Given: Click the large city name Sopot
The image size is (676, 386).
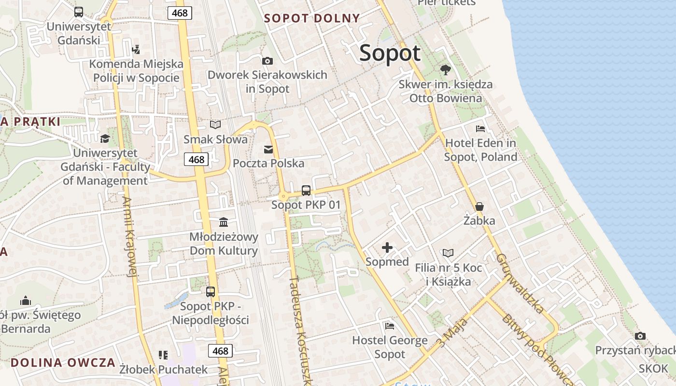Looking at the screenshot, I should pyautogui.click(x=390, y=53).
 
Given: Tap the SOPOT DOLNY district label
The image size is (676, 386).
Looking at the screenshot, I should pyautogui.click(x=312, y=18).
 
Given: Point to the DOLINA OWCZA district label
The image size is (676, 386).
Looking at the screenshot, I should pyautogui.click(x=63, y=362).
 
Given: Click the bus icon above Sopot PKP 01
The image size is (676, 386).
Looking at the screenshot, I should pyautogui.click(x=306, y=190).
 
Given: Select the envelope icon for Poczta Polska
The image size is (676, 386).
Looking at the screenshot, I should pyautogui.click(x=268, y=150).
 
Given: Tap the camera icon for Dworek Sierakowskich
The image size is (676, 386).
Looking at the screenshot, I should pyautogui.click(x=267, y=61).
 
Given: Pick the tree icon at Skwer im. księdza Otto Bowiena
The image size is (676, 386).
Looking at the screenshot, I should pyautogui.click(x=445, y=70).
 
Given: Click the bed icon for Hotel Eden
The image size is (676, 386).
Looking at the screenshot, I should pyautogui.click(x=480, y=129).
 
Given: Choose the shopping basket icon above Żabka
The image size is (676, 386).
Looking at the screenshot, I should pyautogui.click(x=479, y=207).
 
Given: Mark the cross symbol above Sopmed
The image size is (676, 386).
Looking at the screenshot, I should pyautogui.click(x=387, y=248).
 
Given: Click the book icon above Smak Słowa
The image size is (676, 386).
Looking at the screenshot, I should pyautogui.click(x=215, y=125).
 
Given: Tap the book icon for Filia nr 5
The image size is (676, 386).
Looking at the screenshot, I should pyautogui.click(x=448, y=253).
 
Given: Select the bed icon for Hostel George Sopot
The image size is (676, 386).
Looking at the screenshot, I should pyautogui.click(x=390, y=326).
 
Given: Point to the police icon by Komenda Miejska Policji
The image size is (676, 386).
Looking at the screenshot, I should pyautogui.click(x=136, y=49).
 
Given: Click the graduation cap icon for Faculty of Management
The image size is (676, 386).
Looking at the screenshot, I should pyautogui.click(x=105, y=139).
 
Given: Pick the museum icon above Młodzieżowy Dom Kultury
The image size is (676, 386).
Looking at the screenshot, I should pyautogui.click(x=224, y=222).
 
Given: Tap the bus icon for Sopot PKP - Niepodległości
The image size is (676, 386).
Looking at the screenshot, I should pyautogui.click(x=211, y=291).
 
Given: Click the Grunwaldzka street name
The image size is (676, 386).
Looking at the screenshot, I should pyautogui.click(x=520, y=283).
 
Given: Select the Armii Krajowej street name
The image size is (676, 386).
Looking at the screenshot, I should pyautogui.click(x=130, y=236).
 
